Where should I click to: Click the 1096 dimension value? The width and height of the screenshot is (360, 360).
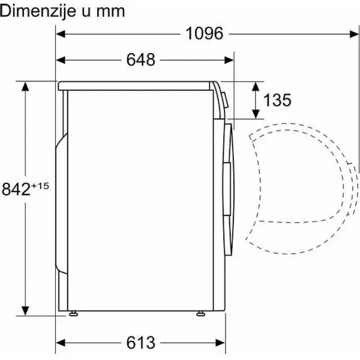[x=204, y=33]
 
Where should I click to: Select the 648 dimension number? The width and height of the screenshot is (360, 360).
[x=141, y=60]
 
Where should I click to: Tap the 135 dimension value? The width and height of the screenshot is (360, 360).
[x=277, y=100]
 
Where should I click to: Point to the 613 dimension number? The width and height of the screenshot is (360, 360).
[x=141, y=343]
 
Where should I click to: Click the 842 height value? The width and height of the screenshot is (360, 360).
[x=16, y=189]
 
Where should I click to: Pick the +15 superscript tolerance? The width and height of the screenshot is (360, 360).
[x=40, y=185]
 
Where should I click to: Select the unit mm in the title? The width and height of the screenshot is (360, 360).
[x=110, y=12]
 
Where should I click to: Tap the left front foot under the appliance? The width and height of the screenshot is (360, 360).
[x=73, y=313]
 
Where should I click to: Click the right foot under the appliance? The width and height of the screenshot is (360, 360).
[x=201, y=313]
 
